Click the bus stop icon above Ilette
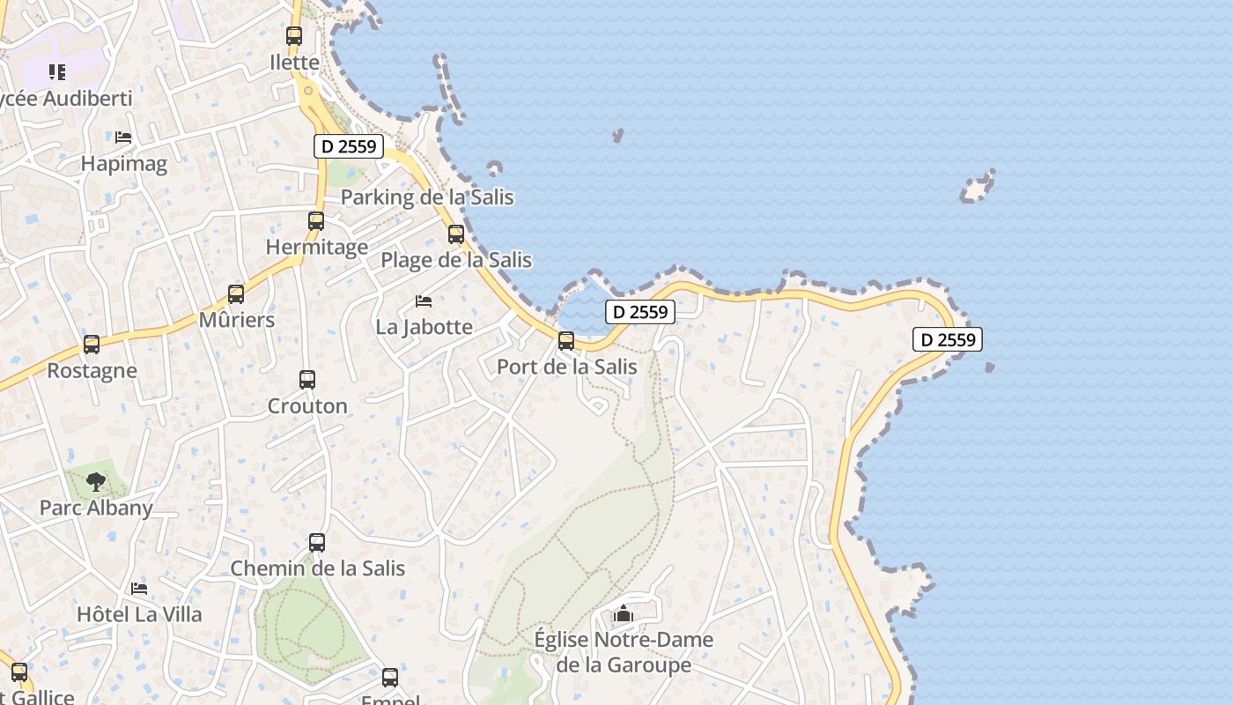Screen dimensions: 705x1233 point(294,36)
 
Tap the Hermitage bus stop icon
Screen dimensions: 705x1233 point(316,221)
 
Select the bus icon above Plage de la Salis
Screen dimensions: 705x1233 point(456,234)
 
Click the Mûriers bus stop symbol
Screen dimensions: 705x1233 point(236,294)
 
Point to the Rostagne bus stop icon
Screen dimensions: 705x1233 point(92,345)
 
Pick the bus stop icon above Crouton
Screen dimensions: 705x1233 point(307,380)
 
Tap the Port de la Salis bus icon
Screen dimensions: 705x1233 point(566,340)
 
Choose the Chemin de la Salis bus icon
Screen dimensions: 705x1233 point(317,543)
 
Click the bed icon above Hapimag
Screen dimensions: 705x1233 point(123,137)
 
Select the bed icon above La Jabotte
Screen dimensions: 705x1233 point(424,301)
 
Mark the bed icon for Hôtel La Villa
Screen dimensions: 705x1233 point(139,588)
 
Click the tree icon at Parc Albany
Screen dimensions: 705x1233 point(96,482)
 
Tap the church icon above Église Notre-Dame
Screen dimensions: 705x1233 point(624,613)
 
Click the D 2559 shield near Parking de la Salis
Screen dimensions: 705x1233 point(349,146)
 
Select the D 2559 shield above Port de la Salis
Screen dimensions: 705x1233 point(640,311)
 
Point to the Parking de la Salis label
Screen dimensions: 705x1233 point(426,197)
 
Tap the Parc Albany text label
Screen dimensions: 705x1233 point(96,508)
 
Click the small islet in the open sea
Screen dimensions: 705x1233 point(977,188)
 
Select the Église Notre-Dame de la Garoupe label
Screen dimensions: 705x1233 point(624,651)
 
